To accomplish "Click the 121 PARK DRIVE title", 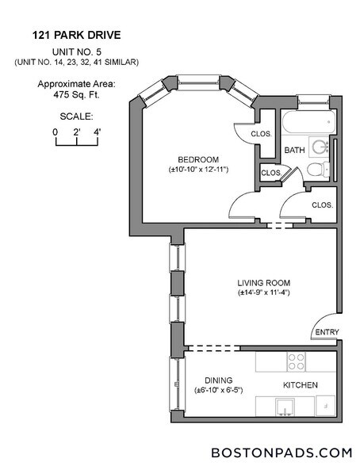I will [76, 35].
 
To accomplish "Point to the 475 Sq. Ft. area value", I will [76, 93].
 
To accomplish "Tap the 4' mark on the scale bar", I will [97, 132].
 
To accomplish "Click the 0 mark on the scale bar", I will [56, 132].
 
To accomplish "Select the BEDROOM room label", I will [194, 158].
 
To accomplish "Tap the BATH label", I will [295, 150].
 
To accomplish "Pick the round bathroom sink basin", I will [320, 147].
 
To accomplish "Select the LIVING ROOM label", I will [264, 282].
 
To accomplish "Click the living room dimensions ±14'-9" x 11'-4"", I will [264, 292].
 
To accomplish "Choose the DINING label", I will [218, 380].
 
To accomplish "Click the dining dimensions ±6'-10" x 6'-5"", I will [218, 390].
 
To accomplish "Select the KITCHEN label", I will [301, 385].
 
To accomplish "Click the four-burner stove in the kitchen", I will [296, 361].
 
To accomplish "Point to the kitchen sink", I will [286, 409].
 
